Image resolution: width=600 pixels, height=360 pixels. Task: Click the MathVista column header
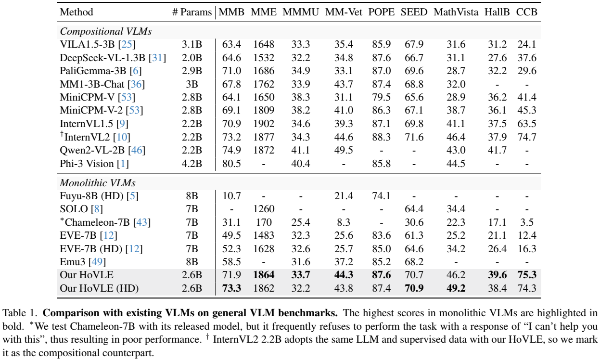tap(456, 13)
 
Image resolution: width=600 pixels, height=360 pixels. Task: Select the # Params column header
tap(191, 13)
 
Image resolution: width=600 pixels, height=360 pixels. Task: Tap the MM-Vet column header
tap(344, 13)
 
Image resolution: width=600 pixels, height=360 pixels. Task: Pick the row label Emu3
tap(71, 262)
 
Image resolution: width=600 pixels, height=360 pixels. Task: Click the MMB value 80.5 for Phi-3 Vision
tap(231, 163)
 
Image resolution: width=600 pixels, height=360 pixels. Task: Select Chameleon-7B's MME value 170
tap(264, 223)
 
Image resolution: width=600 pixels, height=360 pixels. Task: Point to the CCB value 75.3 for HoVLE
tap(526, 276)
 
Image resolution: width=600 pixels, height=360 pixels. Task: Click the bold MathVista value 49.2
tap(456, 289)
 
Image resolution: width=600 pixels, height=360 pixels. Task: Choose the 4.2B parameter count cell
tap(191, 163)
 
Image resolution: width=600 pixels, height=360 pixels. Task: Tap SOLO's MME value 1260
tap(264, 209)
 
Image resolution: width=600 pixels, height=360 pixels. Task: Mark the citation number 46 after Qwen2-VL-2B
tap(137, 150)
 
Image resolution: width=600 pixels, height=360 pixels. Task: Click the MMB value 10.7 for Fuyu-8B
tap(231, 196)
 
